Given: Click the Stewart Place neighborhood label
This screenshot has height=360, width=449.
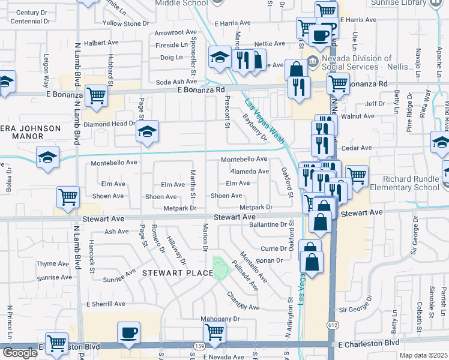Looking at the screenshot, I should click(x=177, y=274).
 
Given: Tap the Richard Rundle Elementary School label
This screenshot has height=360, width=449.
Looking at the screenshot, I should click(x=409, y=183).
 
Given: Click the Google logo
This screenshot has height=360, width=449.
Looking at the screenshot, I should click(x=20, y=353).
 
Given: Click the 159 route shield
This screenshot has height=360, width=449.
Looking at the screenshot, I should click(x=199, y=346).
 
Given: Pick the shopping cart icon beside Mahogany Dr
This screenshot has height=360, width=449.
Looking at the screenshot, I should click(x=214, y=330).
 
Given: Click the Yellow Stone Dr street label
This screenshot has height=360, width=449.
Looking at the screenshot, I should click(x=125, y=23).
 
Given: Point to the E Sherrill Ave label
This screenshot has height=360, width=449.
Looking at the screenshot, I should click(x=106, y=304).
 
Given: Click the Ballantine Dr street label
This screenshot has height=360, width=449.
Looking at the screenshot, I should click(x=268, y=224).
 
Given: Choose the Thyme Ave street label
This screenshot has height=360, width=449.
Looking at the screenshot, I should click(x=53, y=263).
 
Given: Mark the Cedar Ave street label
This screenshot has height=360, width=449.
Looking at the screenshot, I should click(x=357, y=148).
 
